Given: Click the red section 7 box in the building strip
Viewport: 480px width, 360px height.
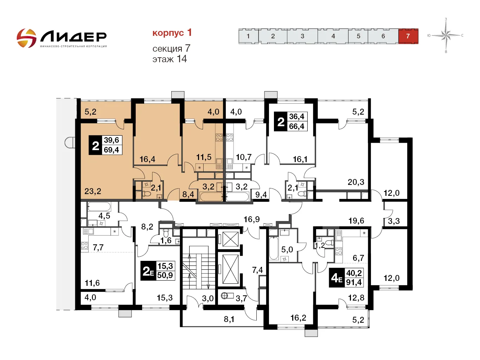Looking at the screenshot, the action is tap(408, 36).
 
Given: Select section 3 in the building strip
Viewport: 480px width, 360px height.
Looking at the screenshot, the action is tap(302, 36).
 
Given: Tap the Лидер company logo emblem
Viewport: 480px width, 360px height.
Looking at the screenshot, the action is tap(26, 38).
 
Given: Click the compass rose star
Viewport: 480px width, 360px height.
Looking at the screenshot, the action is tap(446, 35).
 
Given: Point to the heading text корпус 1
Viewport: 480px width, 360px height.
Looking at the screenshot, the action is tap(172, 33).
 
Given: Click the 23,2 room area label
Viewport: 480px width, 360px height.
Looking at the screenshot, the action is tap(93, 191).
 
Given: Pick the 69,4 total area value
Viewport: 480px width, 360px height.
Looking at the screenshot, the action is tap(111, 150).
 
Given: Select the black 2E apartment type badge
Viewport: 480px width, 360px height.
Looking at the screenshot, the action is tap(148, 271).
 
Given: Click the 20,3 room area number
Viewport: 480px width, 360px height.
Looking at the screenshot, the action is tap(356, 182).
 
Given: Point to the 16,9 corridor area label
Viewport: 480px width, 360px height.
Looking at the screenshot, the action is tap(252, 219).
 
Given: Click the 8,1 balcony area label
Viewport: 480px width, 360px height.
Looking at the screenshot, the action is tap(229, 319).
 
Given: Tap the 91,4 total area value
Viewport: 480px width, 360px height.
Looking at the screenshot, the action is tap(354, 282).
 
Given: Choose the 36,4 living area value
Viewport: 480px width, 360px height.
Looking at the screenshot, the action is tap(297, 116).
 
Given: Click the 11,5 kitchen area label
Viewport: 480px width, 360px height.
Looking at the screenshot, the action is tap(204, 157).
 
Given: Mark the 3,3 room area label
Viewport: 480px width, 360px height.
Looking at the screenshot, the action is tap(394, 221).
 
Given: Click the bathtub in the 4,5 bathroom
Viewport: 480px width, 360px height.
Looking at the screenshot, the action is tap(99, 206).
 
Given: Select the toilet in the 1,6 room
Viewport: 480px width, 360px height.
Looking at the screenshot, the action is tap(166, 233).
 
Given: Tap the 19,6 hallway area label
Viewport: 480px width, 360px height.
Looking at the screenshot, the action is tap(356, 221).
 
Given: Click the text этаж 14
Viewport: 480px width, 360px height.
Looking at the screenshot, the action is tap(170, 59).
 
